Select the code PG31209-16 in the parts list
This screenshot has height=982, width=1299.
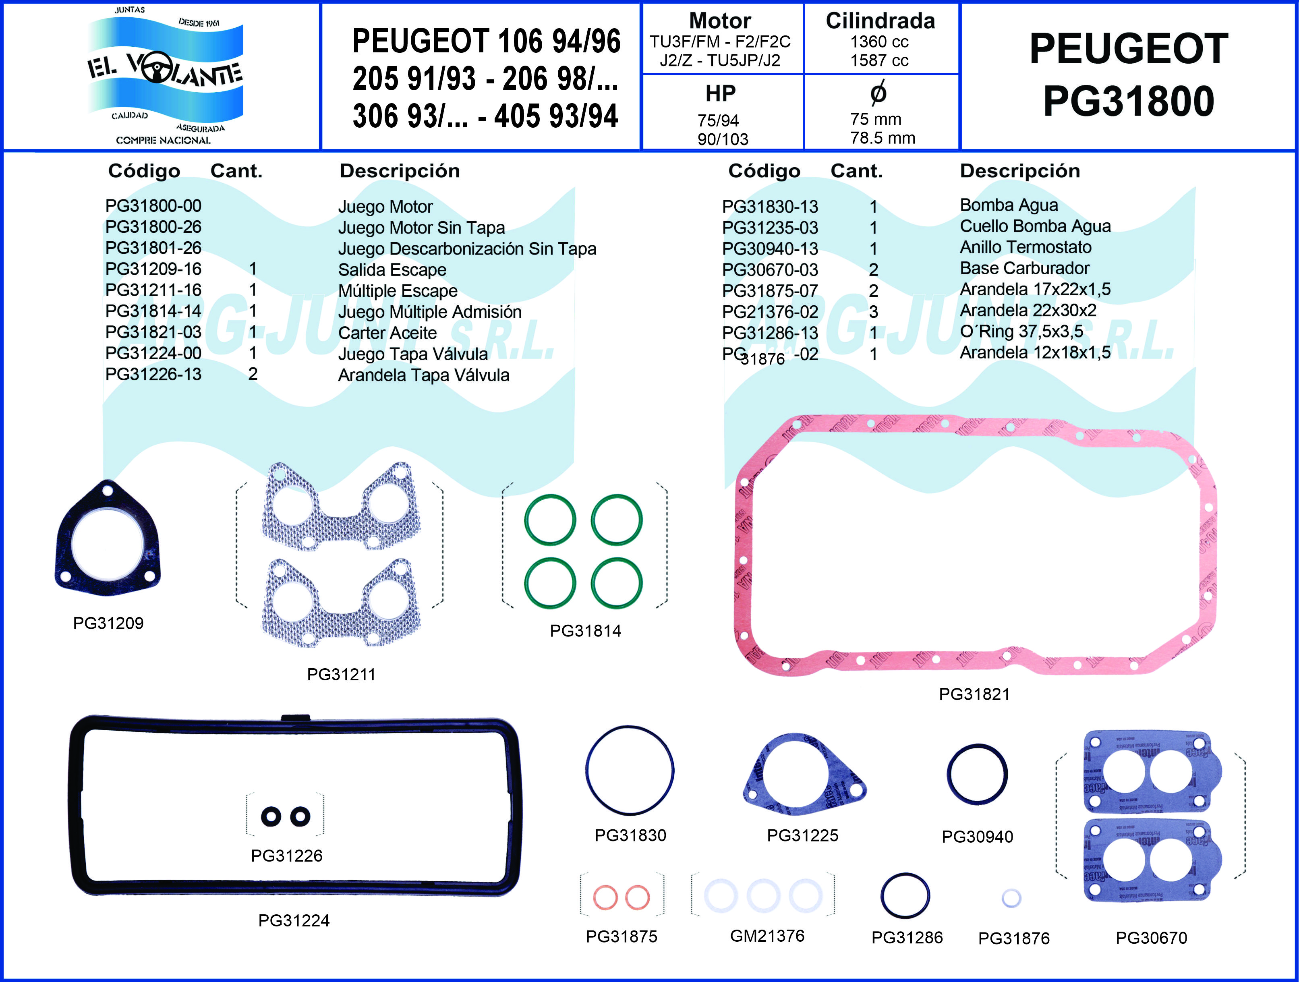tap(153, 269)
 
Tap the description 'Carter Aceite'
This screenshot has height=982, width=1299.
tap(387, 333)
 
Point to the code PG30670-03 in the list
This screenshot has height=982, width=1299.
tap(769, 269)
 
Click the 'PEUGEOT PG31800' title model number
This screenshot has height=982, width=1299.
tap(1128, 101)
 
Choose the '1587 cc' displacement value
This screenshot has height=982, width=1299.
tap(879, 60)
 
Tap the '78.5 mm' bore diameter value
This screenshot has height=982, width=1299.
tap(882, 138)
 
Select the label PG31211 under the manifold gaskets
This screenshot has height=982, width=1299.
tap(341, 674)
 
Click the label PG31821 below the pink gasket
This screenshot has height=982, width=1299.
tap(974, 694)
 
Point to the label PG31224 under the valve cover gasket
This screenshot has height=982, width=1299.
tap(294, 920)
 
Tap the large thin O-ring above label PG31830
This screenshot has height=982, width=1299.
tap(630, 728)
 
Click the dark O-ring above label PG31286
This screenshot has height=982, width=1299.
tap(905, 875)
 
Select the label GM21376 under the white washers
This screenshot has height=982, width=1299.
tap(767, 936)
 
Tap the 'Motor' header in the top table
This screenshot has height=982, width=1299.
tap(720, 21)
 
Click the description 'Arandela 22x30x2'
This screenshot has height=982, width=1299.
tap(1028, 310)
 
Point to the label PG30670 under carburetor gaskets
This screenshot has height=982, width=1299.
tap(1151, 938)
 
